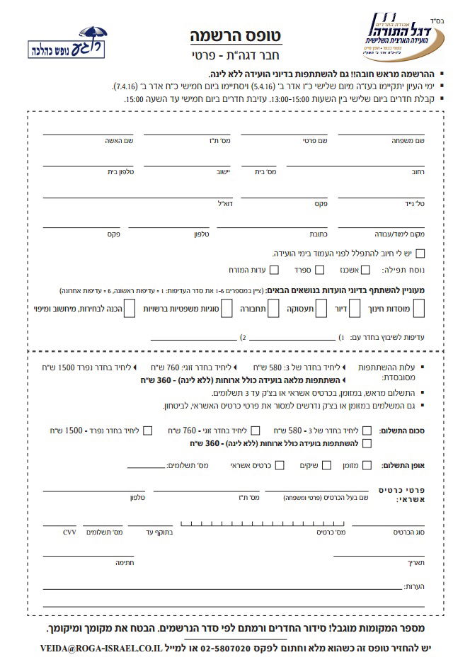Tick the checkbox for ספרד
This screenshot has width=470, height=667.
click(x=319, y=270)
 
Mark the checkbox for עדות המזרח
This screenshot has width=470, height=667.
click(x=274, y=270)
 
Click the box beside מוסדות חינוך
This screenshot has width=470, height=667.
click(x=418, y=309)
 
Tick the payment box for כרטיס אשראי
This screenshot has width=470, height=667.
click(x=280, y=465)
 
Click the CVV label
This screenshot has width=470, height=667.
click(x=69, y=531)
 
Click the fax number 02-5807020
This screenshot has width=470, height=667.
click(x=227, y=648)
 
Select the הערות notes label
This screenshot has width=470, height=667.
click(x=413, y=587)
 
